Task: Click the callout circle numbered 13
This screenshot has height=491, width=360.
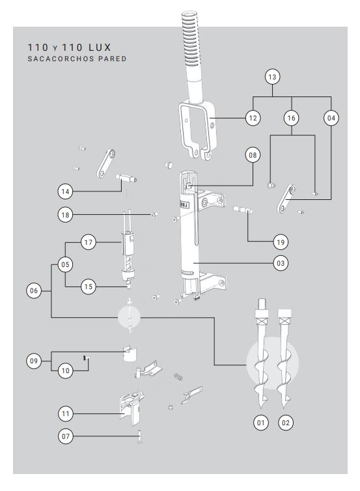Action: pyautogui.click(x=272, y=77)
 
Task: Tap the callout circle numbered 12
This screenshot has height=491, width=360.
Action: pyautogui.click(x=253, y=118)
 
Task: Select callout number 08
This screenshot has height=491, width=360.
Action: pyautogui.click(x=253, y=155)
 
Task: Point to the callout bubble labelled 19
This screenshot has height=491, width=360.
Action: pyautogui.click(x=281, y=242)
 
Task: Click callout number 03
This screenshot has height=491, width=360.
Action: pyautogui.click(x=281, y=263)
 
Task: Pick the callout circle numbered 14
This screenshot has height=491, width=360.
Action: pyautogui.click(x=65, y=191)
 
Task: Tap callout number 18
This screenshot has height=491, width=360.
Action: pyautogui.click(x=65, y=215)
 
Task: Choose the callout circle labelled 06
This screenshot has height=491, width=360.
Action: pyautogui.click(x=34, y=290)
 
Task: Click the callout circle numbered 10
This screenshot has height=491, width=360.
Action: pyautogui.click(x=65, y=371)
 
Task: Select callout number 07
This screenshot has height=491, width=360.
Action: pyautogui.click(x=66, y=436)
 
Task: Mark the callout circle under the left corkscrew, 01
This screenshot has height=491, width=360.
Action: pyautogui.click(x=261, y=423)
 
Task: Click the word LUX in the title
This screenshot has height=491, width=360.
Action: pyautogui.click(x=100, y=48)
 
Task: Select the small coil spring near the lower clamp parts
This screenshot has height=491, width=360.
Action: pyautogui.click(x=178, y=376)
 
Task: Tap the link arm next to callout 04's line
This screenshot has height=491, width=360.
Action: pyautogui.click(x=286, y=198)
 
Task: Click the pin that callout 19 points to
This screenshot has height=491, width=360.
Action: pyautogui.click(x=243, y=210)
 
